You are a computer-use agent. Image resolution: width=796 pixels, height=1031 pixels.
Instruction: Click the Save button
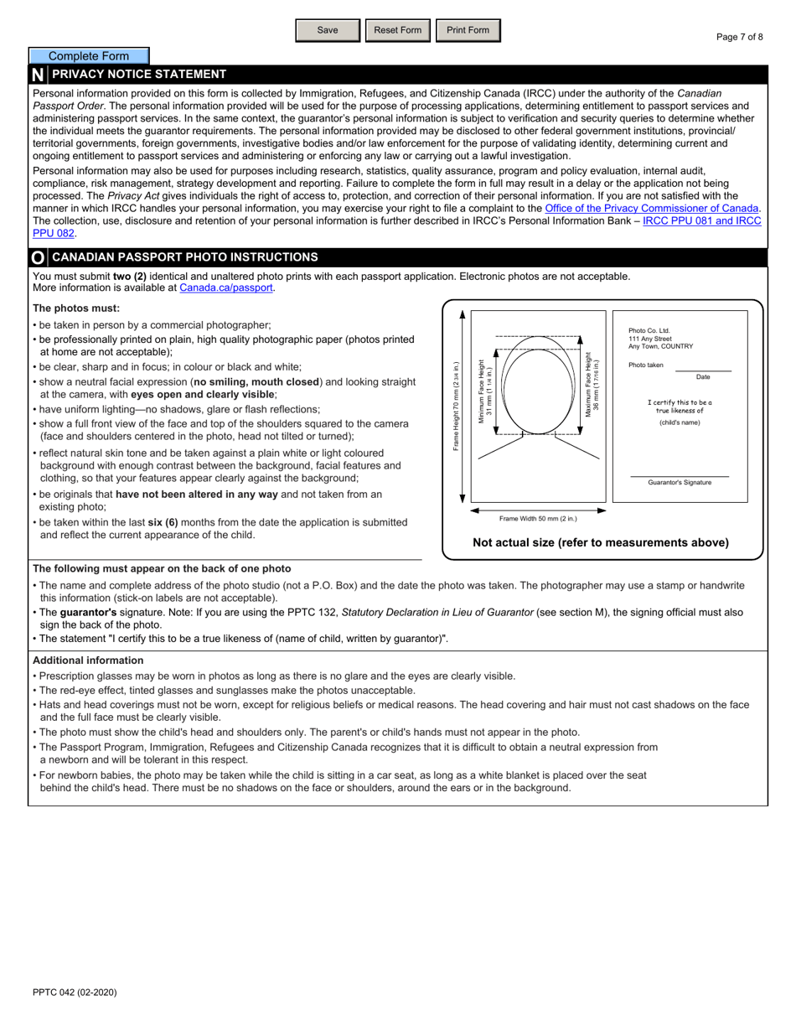[328, 30]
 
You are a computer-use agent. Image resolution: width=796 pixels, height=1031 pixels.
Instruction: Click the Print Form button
[468, 30]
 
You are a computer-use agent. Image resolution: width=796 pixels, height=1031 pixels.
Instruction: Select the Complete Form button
[89, 56]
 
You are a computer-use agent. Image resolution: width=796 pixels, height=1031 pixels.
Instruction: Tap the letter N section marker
[38, 75]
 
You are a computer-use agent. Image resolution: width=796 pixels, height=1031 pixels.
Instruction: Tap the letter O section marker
[38, 258]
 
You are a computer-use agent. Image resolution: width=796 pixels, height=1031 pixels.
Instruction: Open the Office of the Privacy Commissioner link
[652, 208]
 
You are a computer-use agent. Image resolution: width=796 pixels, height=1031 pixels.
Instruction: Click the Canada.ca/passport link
[226, 288]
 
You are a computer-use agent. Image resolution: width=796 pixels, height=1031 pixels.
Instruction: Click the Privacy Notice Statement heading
[139, 74]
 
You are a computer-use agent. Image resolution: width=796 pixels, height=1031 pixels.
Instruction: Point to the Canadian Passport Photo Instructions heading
[184, 257]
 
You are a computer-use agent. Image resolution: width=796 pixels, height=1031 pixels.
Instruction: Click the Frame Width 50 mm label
[538, 519]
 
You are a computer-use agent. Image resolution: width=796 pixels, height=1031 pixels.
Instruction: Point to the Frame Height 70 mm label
[457, 407]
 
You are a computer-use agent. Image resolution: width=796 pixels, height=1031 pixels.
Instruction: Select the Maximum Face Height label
[592, 385]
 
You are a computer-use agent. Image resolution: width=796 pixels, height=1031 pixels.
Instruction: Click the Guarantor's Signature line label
[680, 483]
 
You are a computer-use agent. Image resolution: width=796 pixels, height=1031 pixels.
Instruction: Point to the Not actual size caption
[601, 542]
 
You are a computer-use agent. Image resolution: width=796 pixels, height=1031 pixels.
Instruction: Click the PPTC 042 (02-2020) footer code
[75, 992]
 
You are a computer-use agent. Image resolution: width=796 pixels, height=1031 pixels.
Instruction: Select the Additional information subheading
[88, 661]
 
